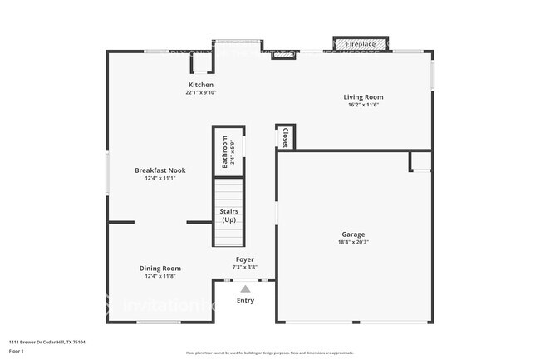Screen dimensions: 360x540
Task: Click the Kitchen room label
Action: click(x=200, y=85)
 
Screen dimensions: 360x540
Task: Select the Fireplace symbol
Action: click(x=360, y=43)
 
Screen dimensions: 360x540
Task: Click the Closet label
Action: click(x=285, y=137)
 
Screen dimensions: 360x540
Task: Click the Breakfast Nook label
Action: click(x=160, y=170)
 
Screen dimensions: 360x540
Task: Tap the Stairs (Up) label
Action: click(x=228, y=215)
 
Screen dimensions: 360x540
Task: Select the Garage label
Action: click(x=353, y=234)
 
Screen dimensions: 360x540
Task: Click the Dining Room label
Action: click(x=160, y=268)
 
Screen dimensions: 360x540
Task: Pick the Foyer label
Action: click(x=244, y=259)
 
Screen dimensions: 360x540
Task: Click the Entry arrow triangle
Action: click(x=245, y=288)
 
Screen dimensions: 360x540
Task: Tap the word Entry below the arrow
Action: click(x=245, y=300)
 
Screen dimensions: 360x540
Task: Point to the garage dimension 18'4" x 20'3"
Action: click(x=353, y=243)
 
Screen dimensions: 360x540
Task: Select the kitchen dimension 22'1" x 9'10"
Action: click(x=200, y=93)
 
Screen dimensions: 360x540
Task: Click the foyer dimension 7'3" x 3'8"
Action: click(x=244, y=268)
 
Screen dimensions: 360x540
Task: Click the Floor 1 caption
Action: click(x=17, y=351)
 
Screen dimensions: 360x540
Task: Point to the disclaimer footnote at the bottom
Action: click(x=269, y=353)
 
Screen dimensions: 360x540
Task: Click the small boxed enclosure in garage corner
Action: click(x=420, y=161)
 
